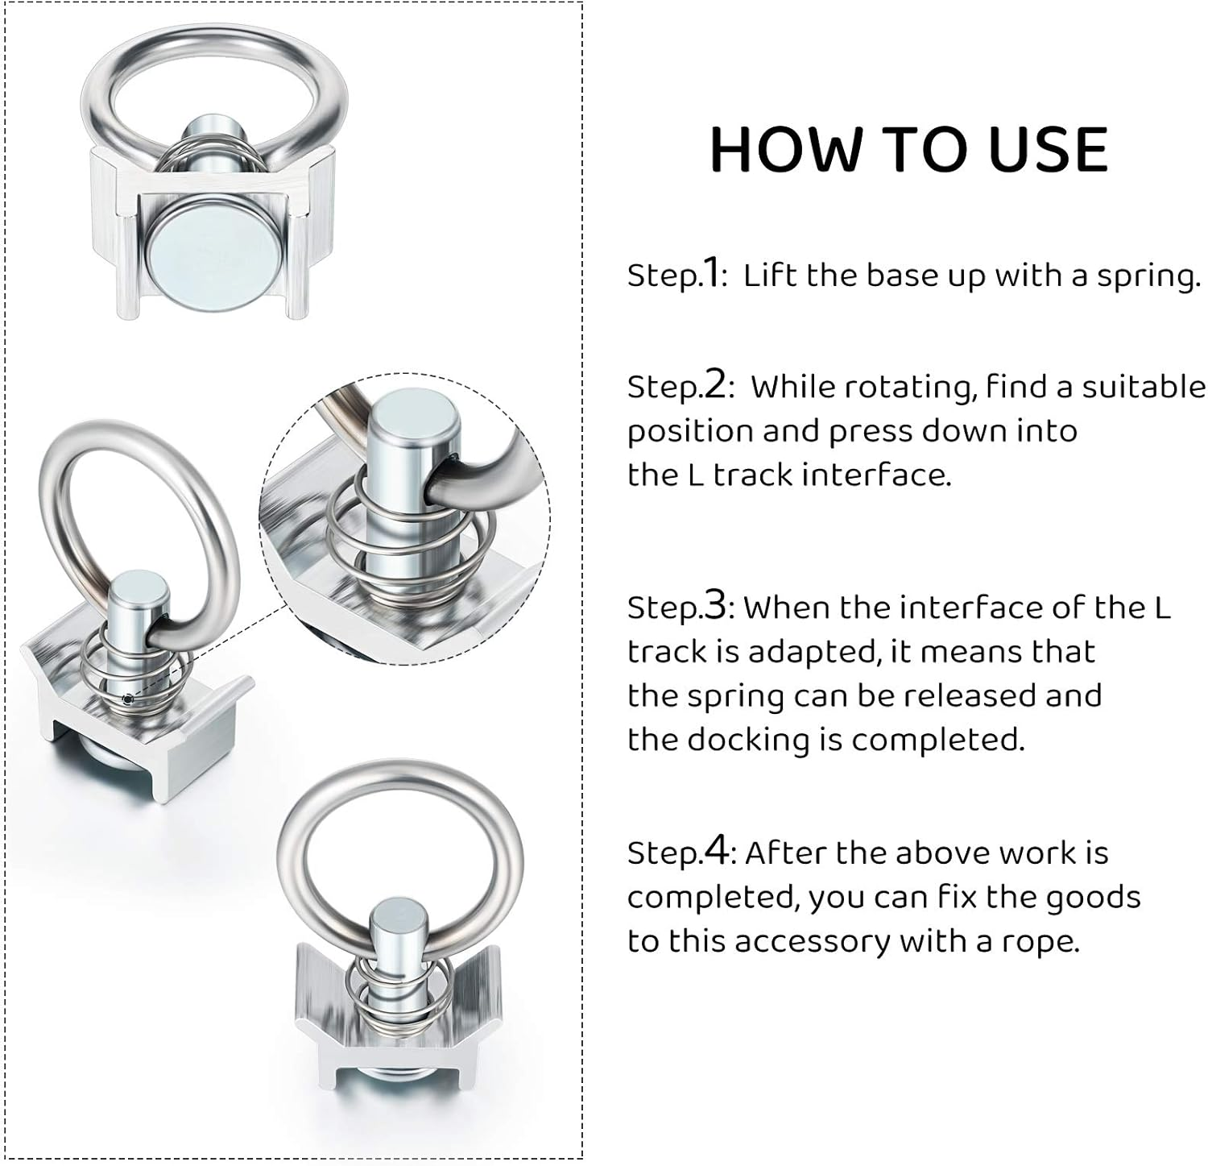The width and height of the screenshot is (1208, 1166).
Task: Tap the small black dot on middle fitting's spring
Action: point(127,699)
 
